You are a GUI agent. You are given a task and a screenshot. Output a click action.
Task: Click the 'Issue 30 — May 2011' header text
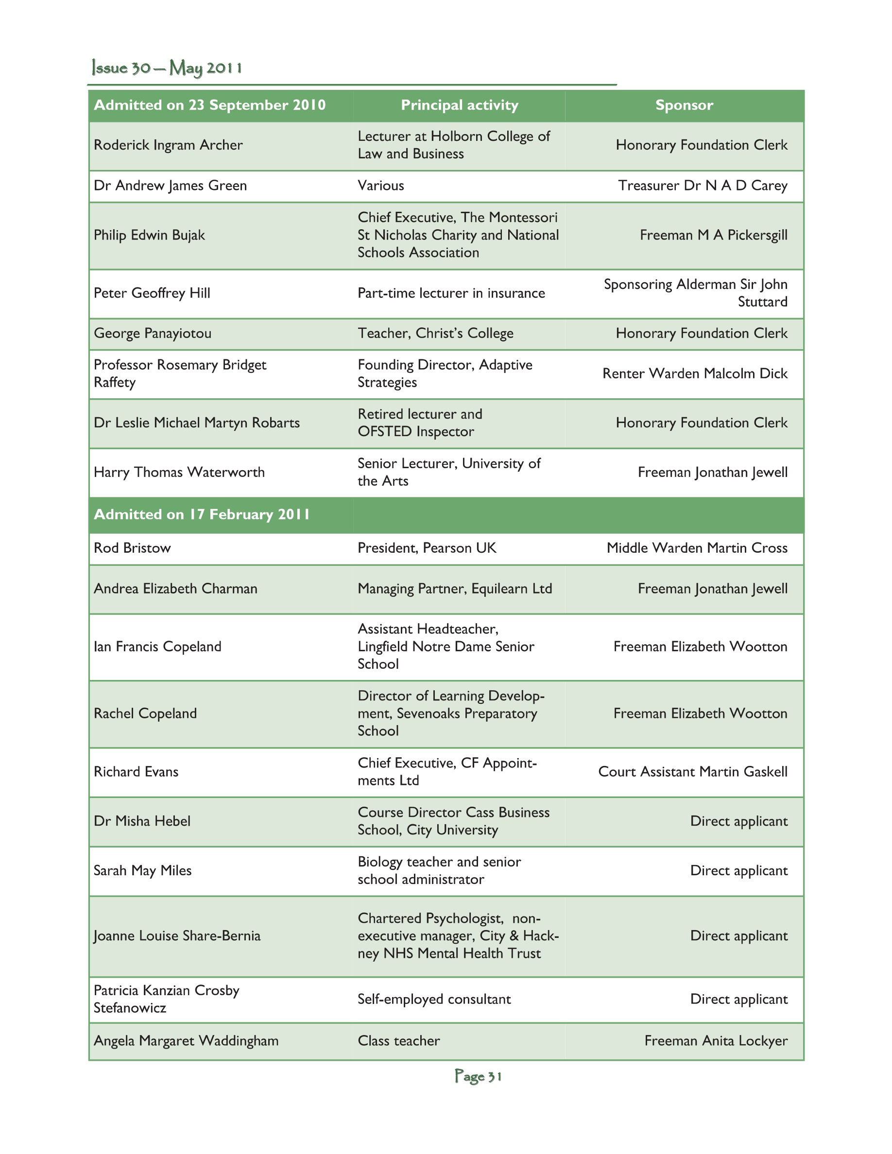point(167,68)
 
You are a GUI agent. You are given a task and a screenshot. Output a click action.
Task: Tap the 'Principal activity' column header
point(459,105)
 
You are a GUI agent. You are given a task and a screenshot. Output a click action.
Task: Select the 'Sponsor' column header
point(684,105)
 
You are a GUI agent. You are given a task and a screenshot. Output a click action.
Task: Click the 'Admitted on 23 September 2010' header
point(209,105)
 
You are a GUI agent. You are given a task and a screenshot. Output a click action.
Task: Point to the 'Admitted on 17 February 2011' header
point(202,515)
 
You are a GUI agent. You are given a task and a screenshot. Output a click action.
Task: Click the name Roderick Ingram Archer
point(168,145)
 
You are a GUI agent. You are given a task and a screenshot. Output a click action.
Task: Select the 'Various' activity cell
point(380,186)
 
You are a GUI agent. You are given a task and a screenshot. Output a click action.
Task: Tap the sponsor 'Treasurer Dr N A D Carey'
point(703,186)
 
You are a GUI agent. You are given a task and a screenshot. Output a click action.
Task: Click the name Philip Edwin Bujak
point(149,235)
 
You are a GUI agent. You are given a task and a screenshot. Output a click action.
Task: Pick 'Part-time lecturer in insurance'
point(451,293)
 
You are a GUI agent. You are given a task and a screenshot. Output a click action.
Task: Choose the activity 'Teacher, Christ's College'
point(435,333)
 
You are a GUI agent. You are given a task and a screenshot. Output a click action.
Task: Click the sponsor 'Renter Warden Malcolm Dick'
point(694,373)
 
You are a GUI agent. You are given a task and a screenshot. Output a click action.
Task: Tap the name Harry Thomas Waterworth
point(179,473)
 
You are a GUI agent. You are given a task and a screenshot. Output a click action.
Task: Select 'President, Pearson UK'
point(427,548)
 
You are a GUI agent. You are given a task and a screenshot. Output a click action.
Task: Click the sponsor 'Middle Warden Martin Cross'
point(697,548)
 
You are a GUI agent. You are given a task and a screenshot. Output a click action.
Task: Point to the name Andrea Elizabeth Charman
point(175,589)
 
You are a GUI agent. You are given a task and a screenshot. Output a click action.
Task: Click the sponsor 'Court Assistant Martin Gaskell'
point(692,772)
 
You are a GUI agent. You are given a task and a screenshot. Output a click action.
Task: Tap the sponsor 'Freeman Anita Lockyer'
point(716,1041)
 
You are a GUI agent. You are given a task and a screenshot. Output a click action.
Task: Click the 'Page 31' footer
point(478,1076)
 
